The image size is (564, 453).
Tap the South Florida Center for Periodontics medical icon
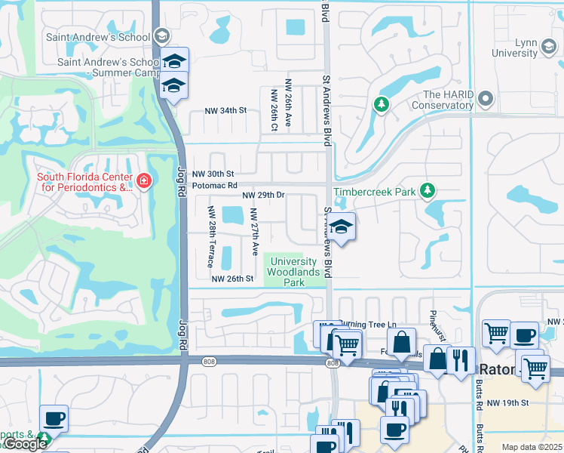pos(143,181)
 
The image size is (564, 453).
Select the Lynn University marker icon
pos(547,48)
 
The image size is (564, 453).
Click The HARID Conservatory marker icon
pos(486,99)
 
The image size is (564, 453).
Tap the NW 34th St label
pos(226,110)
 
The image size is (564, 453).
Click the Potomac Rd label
pos(215,185)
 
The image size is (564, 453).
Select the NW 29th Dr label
pos(262,195)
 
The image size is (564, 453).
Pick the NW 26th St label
pos(232,279)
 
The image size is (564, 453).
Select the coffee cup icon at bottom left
pos(54,418)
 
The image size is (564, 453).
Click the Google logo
pos(25,444)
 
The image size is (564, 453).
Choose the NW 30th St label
pos(213,174)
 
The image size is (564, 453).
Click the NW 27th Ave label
pos(255,237)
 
